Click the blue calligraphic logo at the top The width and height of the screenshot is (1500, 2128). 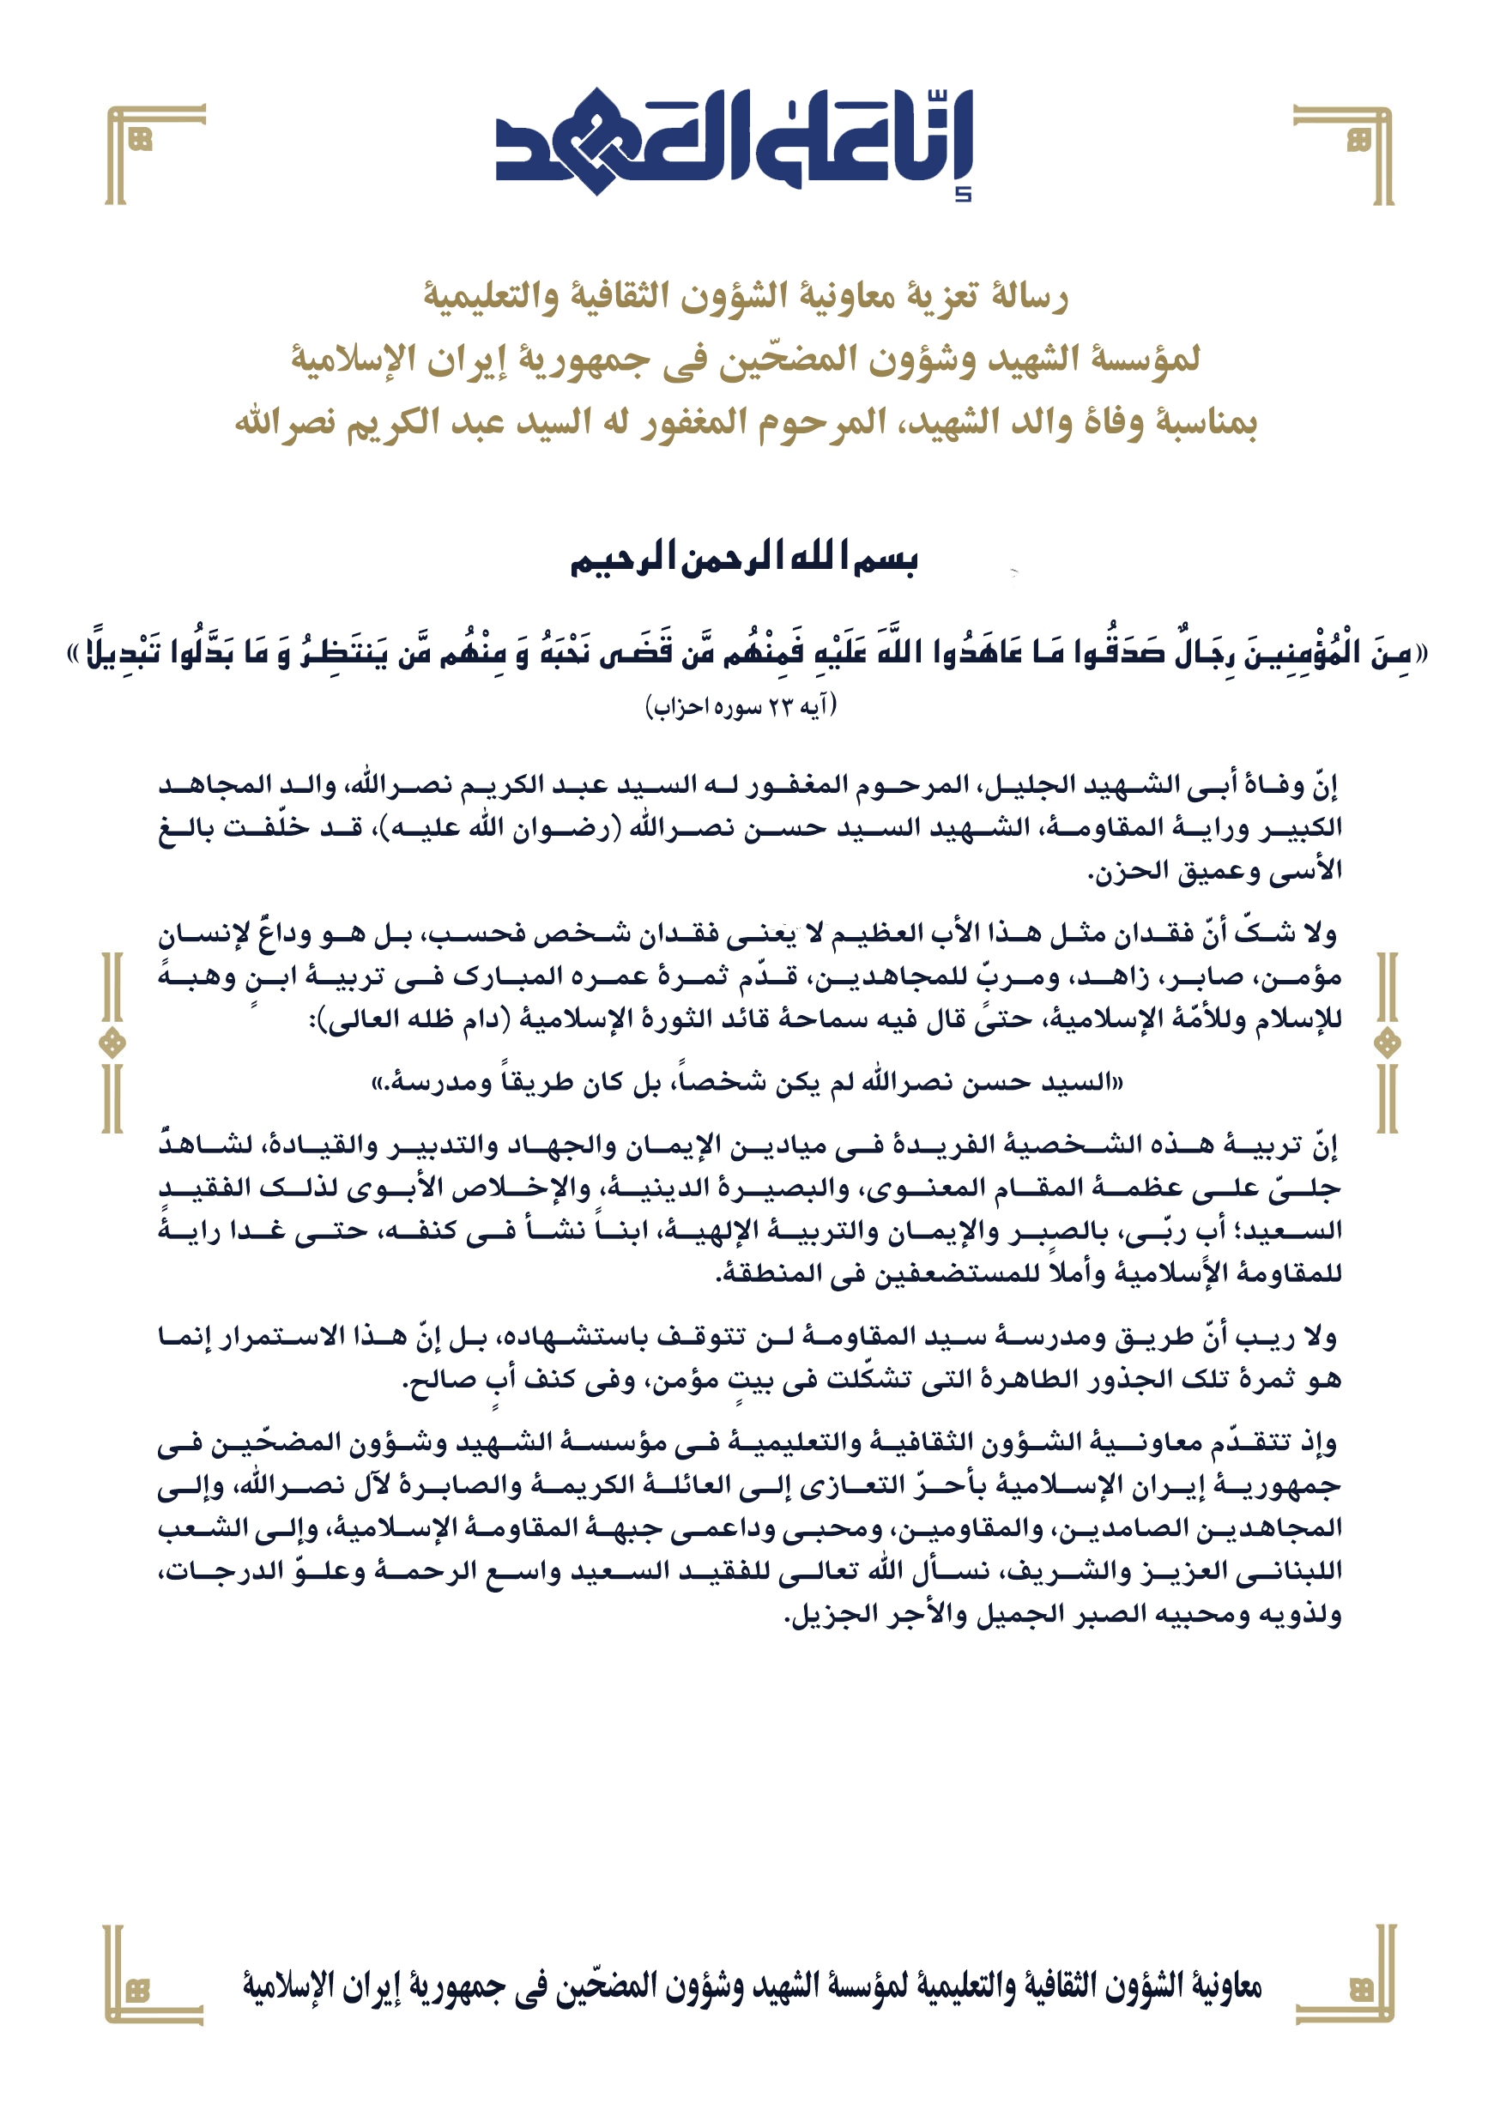(735, 141)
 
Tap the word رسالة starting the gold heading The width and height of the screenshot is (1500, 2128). (1029, 297)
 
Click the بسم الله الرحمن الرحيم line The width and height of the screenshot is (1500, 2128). (743, 559)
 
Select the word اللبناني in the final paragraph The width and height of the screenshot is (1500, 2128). (1297, 1570)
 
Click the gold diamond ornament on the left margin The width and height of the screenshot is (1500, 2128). (112, 1043)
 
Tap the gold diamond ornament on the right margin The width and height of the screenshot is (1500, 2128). (1387, 1043)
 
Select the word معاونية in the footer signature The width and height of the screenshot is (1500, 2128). (1225, 1986)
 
